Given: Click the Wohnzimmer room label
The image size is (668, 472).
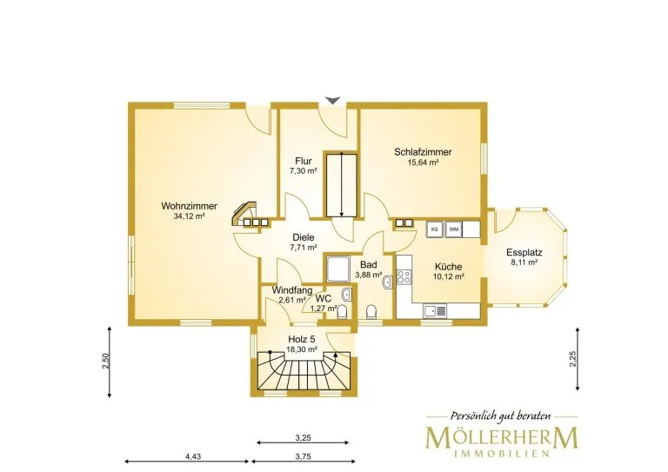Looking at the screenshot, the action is coord(189,206).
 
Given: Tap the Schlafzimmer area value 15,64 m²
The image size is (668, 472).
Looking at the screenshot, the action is coord(423,163).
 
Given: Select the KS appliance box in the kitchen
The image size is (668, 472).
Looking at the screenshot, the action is coord(435,229).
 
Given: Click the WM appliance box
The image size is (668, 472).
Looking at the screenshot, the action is coord(454,229).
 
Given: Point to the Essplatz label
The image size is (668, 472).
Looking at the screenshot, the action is coord(524,252).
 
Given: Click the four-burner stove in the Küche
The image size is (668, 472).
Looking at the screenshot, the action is coord(404,277).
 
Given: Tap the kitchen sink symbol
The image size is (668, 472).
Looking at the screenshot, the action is coord(435,311).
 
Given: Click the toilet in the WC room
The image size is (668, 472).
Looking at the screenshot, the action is coord(342,313).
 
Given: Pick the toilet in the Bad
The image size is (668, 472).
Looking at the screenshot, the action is coord(372,312).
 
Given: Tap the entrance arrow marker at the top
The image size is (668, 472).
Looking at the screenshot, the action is coord(333,101).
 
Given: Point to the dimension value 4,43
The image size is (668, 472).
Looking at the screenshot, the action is coord(193,456).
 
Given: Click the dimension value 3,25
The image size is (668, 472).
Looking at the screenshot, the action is coord(303,437).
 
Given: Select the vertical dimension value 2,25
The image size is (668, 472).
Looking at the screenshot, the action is coord(572,358).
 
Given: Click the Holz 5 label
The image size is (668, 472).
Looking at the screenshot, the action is coord(302,339).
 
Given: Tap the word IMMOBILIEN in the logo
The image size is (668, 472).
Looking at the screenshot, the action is coord(502,454).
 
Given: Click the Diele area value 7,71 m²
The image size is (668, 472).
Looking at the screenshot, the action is coord(304,247).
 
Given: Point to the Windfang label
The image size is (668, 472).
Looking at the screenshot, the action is coord(292,290).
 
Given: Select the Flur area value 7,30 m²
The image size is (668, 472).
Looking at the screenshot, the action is coord(304,171).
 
